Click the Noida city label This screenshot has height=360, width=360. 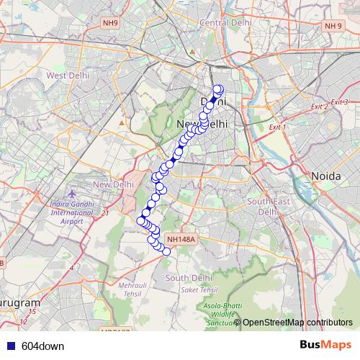[x=325, y=176]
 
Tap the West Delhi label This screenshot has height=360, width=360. [x=67, y=75]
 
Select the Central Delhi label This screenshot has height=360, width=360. [x=224, y=23]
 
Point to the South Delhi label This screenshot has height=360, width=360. [x=188, y=277]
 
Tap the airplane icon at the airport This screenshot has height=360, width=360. [x=71, y=195]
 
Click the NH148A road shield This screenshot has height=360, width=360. [x=180, y=239]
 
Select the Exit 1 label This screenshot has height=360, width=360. [x=277, y=127]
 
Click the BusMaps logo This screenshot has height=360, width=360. [x=325, y=346]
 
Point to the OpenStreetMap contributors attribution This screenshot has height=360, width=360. [x=297, y=322]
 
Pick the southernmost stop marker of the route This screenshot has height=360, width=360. [x=166, y=251]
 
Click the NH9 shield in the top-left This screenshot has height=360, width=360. [x=109, y=23]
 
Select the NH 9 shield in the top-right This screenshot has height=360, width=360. [x=333, y=27]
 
